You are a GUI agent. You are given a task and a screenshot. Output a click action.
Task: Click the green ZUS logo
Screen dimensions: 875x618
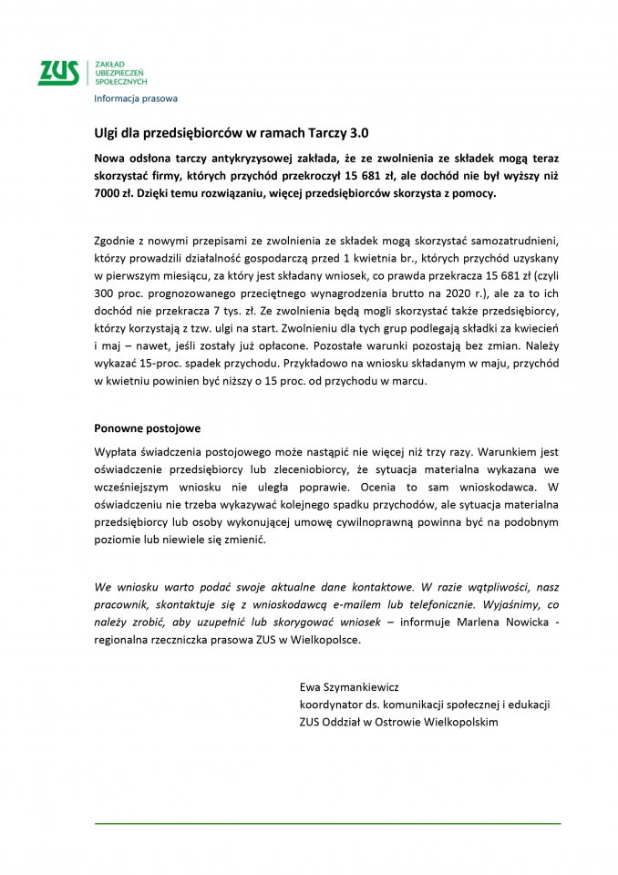59,72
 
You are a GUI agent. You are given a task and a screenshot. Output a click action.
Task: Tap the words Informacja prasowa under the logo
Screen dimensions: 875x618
136,98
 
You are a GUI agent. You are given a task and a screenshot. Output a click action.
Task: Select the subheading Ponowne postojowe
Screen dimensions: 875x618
147,427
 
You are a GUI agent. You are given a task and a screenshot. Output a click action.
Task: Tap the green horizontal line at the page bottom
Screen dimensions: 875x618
328,822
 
